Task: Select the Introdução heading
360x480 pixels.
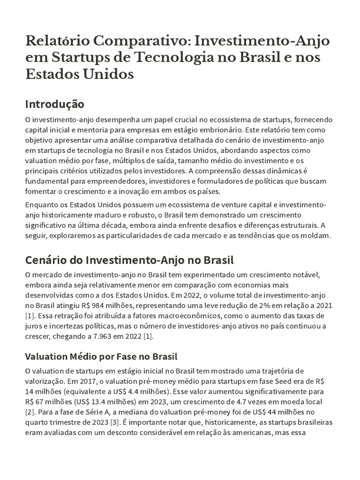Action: pos(54,103)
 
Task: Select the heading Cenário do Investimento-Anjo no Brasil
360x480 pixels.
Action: pos(129,260)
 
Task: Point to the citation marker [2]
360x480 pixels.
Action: pos(30,412)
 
